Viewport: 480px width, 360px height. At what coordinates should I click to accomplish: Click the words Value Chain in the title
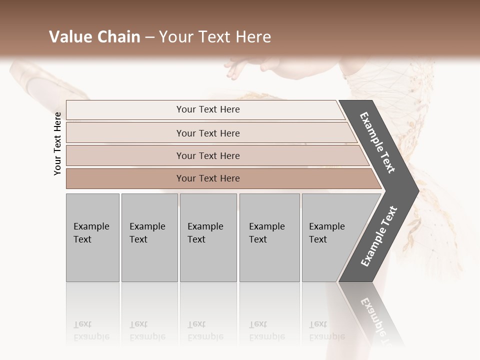tap(94, 37)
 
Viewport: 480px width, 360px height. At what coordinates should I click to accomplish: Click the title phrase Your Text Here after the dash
tap(215, 37)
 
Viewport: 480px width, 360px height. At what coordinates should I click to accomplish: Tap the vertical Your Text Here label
tap(58, 143)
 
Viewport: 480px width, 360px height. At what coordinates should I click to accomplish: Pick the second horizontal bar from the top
tap(207, 133)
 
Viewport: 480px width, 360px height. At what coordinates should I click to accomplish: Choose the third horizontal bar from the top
tap(207, 155)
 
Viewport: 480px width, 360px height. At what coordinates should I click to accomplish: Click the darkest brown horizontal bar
tap(207, 178)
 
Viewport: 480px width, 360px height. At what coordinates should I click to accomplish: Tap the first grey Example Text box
tap(92, 237)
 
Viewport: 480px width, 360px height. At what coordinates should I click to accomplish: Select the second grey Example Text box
tap(149, 237)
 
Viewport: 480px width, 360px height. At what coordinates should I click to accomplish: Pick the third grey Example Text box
tap(208, 237)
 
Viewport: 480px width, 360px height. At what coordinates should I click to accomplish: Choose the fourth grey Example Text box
tap(269, 237)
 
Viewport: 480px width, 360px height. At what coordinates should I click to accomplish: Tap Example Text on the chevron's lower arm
tap(378, 236)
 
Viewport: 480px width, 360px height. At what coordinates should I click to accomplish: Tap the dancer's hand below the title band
tap(250, 67)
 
